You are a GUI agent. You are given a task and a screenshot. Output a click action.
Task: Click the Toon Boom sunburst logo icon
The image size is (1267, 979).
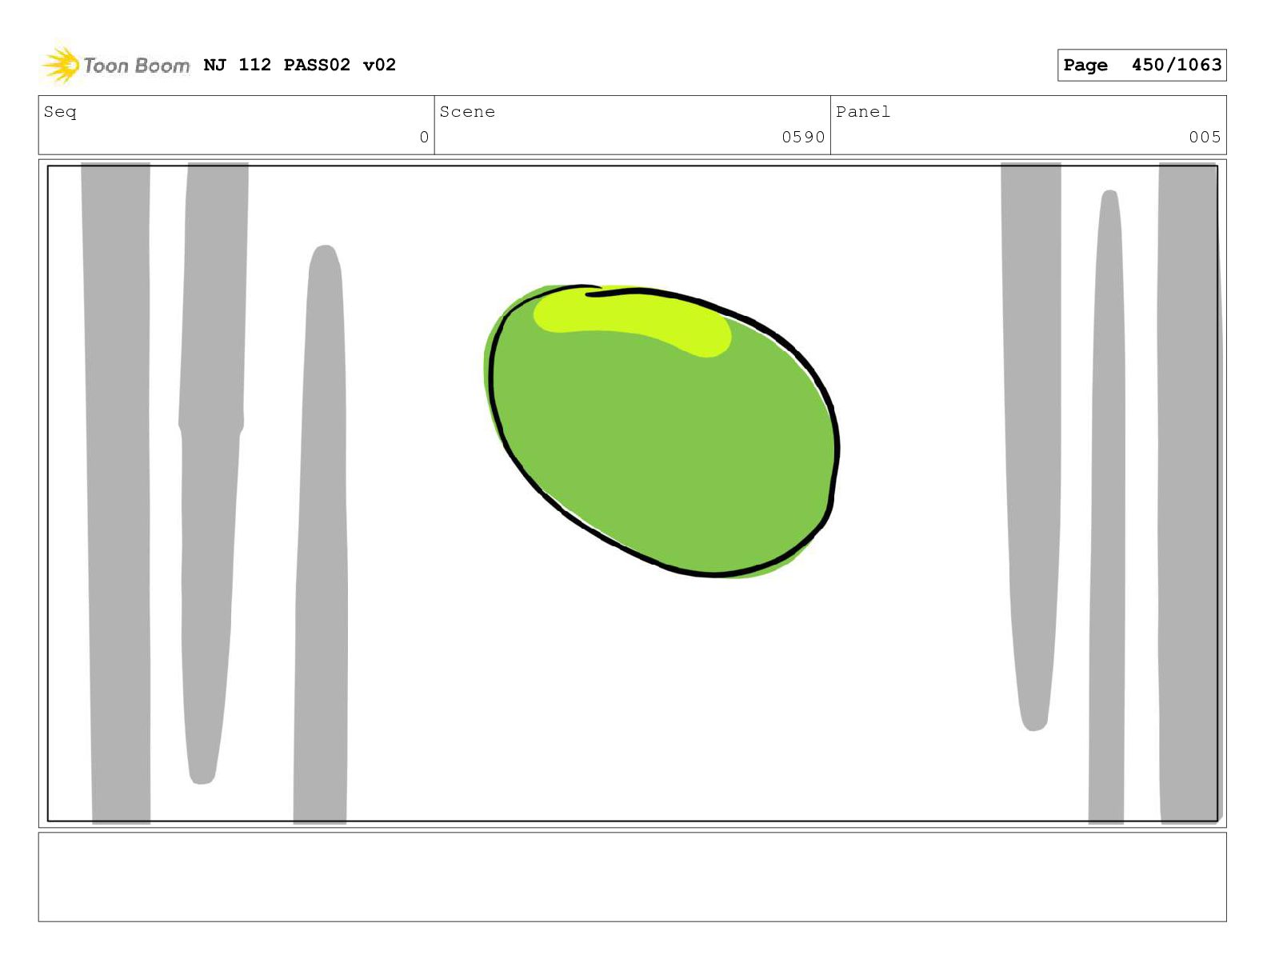tap(61, 65)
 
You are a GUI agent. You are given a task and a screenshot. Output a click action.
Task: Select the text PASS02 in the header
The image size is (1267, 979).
tap(317, 65)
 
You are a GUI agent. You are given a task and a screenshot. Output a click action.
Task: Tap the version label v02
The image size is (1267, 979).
tap(379, 65)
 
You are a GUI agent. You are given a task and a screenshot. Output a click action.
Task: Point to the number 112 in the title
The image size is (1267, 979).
tap(255, 65)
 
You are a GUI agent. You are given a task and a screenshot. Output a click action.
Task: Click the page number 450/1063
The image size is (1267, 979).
tap(1176, 65)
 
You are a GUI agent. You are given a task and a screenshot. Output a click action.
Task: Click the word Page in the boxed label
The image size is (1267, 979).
tap(1085, 66)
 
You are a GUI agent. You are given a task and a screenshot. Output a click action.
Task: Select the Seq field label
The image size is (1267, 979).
tap(60, 112)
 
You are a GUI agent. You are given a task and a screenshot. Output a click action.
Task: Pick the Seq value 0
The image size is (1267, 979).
tap(424, 137)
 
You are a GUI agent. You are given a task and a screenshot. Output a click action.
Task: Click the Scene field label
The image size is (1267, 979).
tap(467, 111)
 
